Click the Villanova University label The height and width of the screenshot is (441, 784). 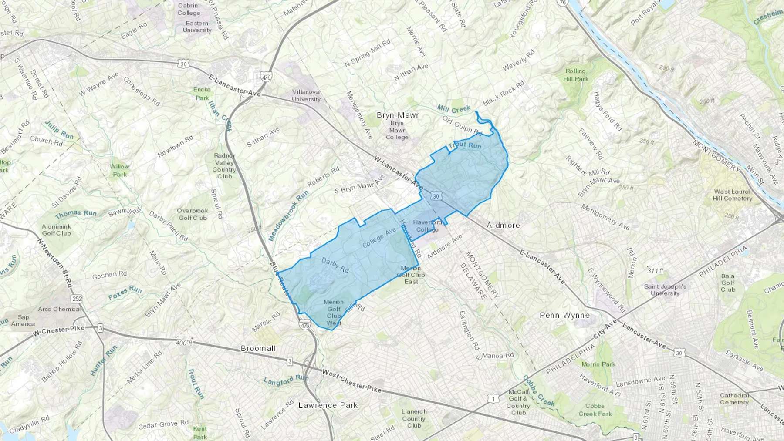(306, 95)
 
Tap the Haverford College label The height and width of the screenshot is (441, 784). (427, 226)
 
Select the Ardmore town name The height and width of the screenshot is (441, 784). (503, 225)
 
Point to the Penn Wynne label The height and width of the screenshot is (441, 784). (564, 315)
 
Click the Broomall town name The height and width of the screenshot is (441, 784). (258, 348)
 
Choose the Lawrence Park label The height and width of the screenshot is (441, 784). (328, 405)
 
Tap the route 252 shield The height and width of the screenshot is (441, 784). (77, 299)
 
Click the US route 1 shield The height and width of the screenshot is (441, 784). (493, 399)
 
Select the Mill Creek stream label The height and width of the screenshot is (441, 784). (454, 108)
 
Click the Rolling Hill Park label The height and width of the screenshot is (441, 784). (576, 75)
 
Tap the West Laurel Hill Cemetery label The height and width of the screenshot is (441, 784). (732, 195)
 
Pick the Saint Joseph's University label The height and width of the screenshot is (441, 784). (665, 290)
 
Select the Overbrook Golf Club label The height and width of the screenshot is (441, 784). (193, 214)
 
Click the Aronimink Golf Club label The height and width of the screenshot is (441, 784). (56, 230)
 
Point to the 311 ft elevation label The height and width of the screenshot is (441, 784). (655, 271)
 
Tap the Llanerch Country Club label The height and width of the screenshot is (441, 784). (414, 418)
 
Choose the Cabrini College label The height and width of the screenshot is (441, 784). (189, 9)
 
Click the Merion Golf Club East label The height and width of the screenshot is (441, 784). (411, 275)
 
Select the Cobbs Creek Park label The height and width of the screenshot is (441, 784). (595, 410)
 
